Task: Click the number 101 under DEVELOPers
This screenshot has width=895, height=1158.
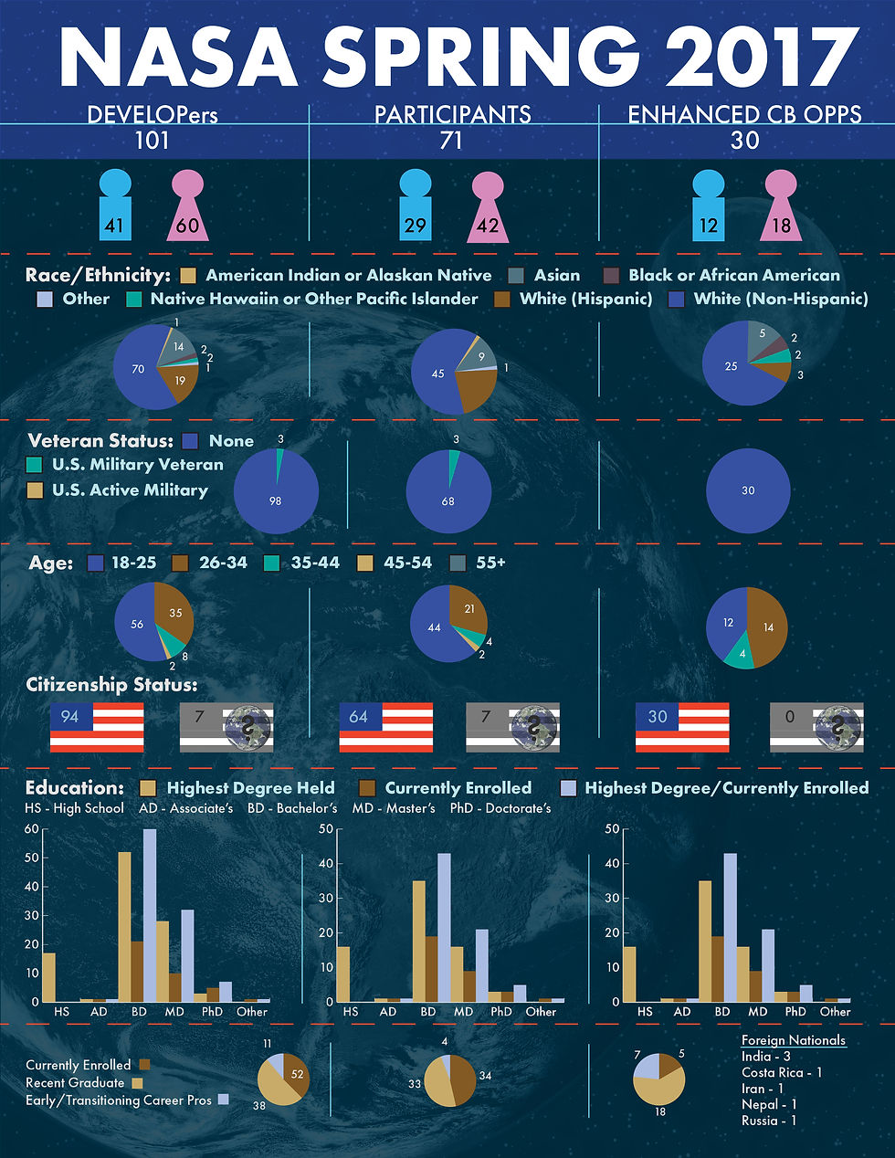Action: (153, 141)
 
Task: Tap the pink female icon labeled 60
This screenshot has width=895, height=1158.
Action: (187, 207)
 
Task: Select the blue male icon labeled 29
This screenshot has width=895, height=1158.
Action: (415, 207)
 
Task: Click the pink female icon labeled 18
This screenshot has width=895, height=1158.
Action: (782, 207)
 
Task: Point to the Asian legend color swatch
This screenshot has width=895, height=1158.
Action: (516, 276)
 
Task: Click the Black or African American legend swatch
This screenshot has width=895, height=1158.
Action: (611, 276)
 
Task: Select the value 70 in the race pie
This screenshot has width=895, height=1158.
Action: (138, 369)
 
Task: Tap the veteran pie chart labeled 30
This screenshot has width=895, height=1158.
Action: (748, 490)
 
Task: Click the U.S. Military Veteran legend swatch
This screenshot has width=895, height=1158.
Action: (35, 465)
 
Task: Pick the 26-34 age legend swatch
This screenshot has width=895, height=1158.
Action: (181, 563)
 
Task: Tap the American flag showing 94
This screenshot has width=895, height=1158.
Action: (97, 727)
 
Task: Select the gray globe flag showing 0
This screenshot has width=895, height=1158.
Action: (816, 727)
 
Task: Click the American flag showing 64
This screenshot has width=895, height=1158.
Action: (385, 727)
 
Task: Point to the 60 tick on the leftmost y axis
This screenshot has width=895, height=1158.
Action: (32, 829)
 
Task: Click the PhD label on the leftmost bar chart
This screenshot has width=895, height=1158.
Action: (212, 1012)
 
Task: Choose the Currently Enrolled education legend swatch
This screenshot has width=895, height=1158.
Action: (367, 788)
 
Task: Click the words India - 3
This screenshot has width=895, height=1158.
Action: (765, 1057)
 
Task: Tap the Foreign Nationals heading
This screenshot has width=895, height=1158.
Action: (793, 1040)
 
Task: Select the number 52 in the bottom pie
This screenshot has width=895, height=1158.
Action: (297, 1075)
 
